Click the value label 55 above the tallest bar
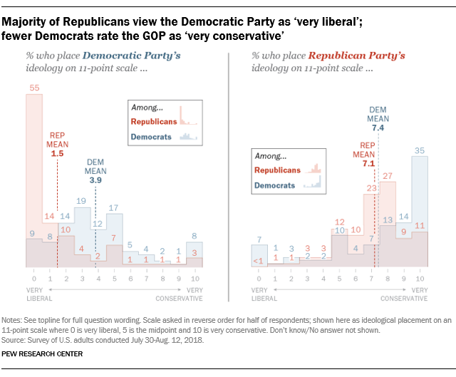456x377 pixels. pyautogui.click(x=34, y=88)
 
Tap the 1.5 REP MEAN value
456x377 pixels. pyautogui.click(x=57, y=154)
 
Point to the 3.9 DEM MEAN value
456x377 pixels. pyautogui.click(x=95, y=180)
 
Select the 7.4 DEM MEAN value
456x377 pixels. pyautogui.click(x=378, y=128)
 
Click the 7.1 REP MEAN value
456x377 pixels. pyautogui.click(x=368, y=163)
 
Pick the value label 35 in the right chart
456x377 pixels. pyautogui.click(x=420, y=150)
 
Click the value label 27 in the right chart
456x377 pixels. pyautogui.click(x=388, y=176)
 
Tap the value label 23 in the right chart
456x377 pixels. pyautogui.click(x=371, y=188)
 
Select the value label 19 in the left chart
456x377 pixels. pyautogui.click(x=81, y=201)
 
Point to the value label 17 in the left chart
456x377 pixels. pyautogui.click(x=113, y=207)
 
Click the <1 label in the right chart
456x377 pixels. pyautogui.click(x=258, y=261)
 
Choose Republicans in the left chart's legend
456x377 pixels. pyautogui.click(x=154, y=122)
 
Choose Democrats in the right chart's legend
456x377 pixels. pyautogui.click(x=274, y=185)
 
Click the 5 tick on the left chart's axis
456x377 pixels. pyautogui.click(x=115, y=279)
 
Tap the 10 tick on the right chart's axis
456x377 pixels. pyautogui.click(x=420, y=279)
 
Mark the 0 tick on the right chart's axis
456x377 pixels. pyautogui.click(x=259, y=279)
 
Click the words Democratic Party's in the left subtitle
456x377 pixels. pyautogui.click(x=132, y=56)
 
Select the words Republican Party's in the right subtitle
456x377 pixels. pyautogui.click(x=356, y=56)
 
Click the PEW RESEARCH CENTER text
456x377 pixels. pyautogui.click(x=42, y=354)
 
